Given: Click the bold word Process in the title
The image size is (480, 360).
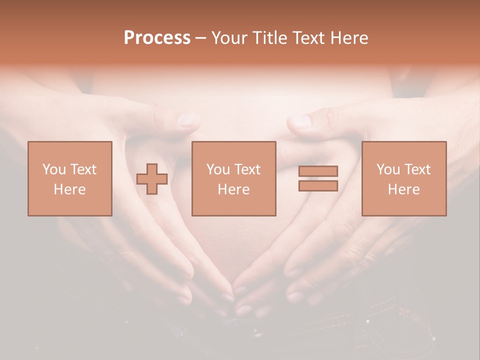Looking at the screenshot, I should tap(157, 38).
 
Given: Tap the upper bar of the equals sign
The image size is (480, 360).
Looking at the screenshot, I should tap(318, 171).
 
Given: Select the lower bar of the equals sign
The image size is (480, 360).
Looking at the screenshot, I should tap(318, 186).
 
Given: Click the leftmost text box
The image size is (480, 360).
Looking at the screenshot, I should tap(70, 178).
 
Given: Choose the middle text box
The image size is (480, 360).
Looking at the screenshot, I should tap(234, 178).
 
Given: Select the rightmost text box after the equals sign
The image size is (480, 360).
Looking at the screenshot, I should tap(404, 178).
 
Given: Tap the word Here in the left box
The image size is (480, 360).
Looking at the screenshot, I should tap(70, 189).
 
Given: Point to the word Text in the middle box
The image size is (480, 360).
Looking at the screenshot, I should tap(247, 169).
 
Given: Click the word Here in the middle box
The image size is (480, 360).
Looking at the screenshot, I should tap(234, 189).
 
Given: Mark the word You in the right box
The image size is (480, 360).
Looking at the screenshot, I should tap(388, 169).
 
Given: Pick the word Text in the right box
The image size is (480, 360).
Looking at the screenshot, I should tap(417, 169).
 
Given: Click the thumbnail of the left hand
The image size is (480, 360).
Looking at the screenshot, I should tap(187, 119).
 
